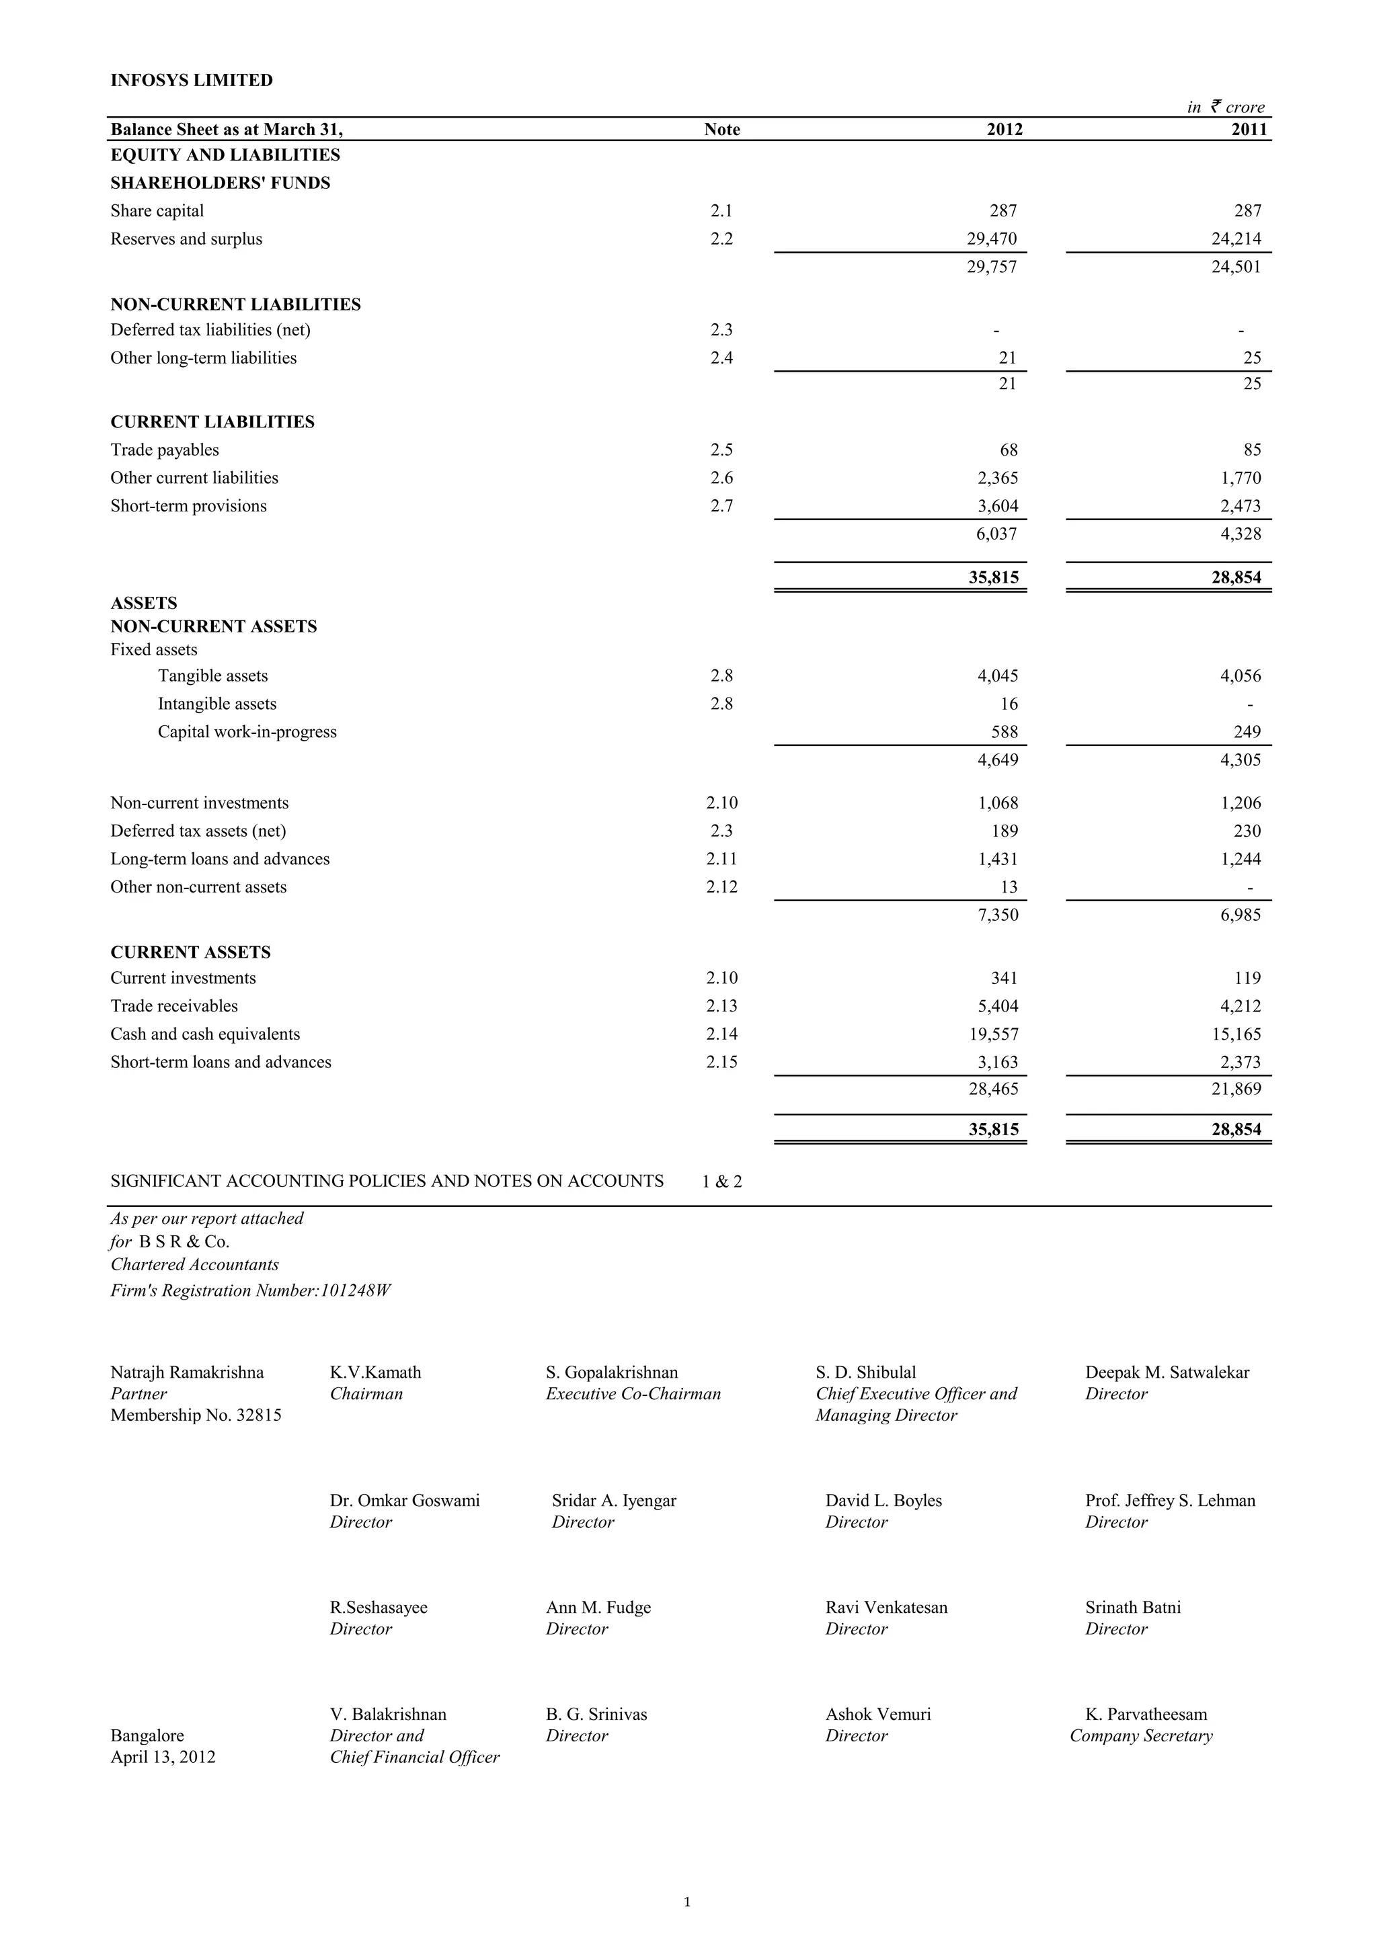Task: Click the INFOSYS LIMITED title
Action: [191, 81]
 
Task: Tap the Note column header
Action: [721, 130]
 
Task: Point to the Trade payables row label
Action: [165, 450]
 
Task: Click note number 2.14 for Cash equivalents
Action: [721, 1034]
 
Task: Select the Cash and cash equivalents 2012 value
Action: [992, 1034]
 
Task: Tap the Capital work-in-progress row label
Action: [247, 732]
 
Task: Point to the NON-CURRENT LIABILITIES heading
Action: [235, 304]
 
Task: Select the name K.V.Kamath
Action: [375, 1372]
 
